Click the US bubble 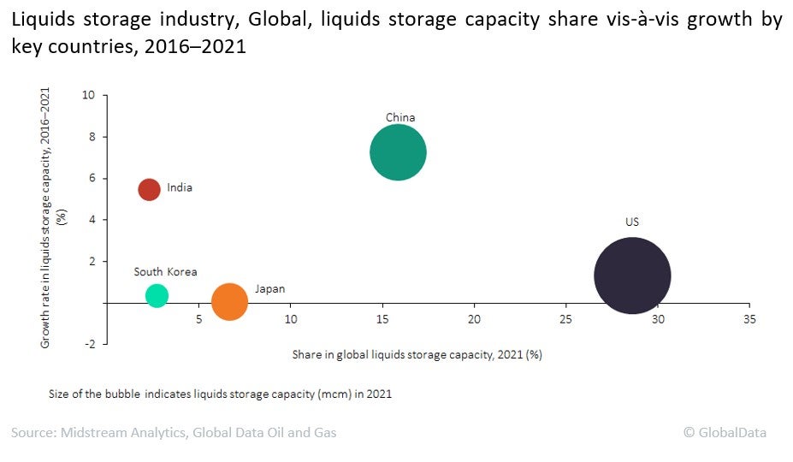coord(632,275)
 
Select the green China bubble coord(398,152)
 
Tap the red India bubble coord(150,189)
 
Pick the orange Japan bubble coord(229,301)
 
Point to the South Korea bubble coord(157,295)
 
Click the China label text coord(399,118)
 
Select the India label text coord(180,187)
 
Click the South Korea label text coord(165,272)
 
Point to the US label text coord(632,222)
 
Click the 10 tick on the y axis coord(88,95)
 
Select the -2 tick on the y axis coord(88,344)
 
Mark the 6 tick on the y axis coord(92,178)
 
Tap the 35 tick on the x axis coord(749,319)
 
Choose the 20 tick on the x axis coord(474,319)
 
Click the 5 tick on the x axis coord(198,319)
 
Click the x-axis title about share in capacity coord(417,354)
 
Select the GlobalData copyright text coord(725,433)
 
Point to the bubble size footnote coord(221,394)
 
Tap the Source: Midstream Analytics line coord(174,433)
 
